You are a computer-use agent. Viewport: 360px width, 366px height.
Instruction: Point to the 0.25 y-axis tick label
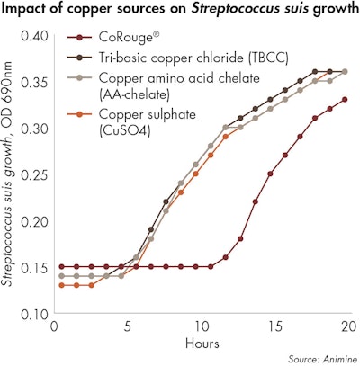tap(33, 175)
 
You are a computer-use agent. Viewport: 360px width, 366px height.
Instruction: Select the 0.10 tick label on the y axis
tap(33, 314)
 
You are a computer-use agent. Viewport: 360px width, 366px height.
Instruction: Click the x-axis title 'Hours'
tap(202, 344)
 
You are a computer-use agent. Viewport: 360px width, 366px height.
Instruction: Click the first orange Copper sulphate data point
tap(61, 285)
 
